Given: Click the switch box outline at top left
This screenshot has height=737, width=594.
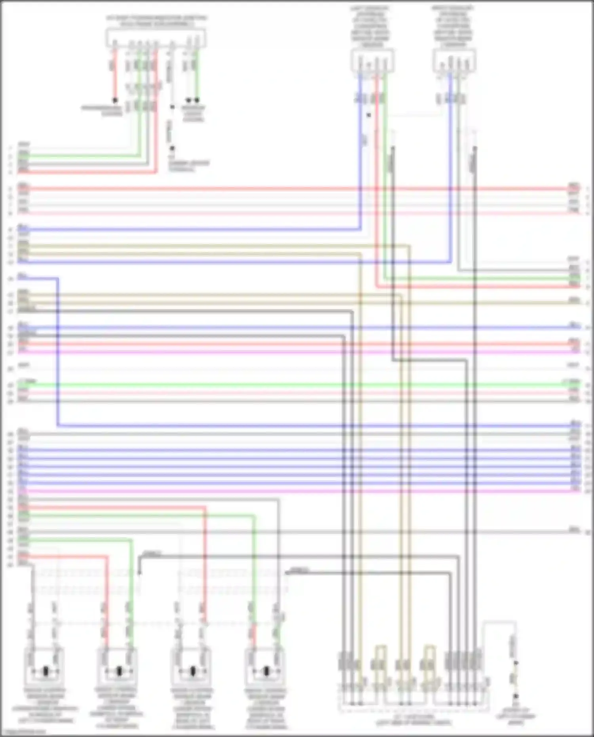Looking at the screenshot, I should point(155,38).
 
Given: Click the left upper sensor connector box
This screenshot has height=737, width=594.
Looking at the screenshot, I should point(372,61).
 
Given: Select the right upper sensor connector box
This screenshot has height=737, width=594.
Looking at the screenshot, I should point(455,61).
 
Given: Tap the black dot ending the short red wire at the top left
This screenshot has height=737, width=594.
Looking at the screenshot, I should point(115,100).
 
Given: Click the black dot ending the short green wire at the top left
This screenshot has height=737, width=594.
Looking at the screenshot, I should point(197,100).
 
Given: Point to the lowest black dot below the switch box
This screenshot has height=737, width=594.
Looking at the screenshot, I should point(172,149).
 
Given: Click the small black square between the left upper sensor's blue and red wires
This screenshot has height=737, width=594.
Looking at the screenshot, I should point(369,115).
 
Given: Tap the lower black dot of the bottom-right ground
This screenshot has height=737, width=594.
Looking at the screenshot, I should point(516,696).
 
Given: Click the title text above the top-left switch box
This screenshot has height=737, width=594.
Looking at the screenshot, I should point(156,21).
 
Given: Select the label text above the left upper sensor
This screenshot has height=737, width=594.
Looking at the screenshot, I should point(370,26).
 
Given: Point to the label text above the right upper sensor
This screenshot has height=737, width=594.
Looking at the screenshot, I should point(453,26).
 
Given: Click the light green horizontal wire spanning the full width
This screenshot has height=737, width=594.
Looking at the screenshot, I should point(297,384).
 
